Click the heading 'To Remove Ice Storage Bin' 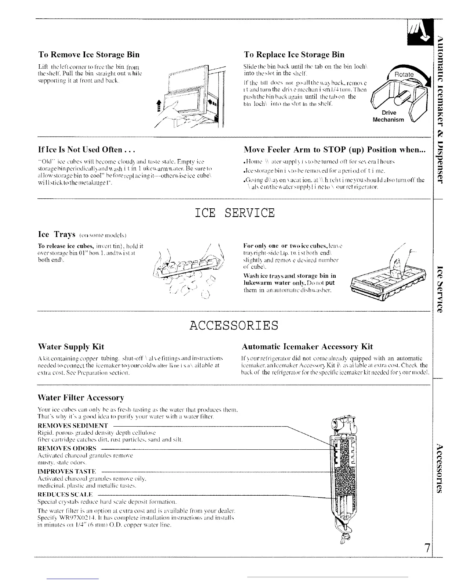point(89,55)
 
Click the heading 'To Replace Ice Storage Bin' point(294,55)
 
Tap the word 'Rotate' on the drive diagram point(403,75)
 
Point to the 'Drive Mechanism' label point(388,116)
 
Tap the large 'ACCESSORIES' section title point(234,326)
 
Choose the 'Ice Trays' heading point(57,235)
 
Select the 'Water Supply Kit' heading point(71,346)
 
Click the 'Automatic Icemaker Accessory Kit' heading point(307,346)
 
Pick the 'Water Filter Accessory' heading point(81,398)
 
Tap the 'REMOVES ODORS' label point(67,448)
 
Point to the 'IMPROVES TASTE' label point(67,471)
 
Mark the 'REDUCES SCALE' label point(65,495)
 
